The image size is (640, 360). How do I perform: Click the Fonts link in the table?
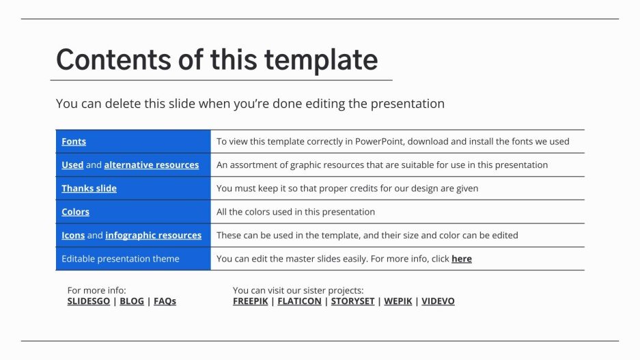pyautogui.click(x=74, y=141)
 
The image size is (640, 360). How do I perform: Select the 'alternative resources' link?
pyautogui.click(x=152, y=165)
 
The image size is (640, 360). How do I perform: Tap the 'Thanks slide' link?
pyautogui.click(x=89, y=188)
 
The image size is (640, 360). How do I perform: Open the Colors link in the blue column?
pyautogui.click(x=75, y=212)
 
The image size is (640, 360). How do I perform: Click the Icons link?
pyautogui.click(x=73, y=235)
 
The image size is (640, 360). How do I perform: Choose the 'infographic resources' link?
pyautogui.click(x=153, y=235)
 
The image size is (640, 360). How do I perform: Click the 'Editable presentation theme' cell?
pyautogui.click(x=120, y=258)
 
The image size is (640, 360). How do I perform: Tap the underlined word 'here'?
pyautogui.click(x=462, y=258)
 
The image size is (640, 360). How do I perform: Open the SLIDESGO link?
pyautogui.click(x=89, y=301)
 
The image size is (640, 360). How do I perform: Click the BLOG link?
pyautogui.click(x=132, y=301)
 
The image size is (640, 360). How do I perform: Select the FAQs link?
pyautogui.click(x=165, y=301)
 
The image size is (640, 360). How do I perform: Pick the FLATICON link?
pyautogui.click(x=299, y=301)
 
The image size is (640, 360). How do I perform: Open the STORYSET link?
pyautogui.click(x=352, y=301)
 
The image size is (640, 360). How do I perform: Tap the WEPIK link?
pyautogui.click(x=398, y=301)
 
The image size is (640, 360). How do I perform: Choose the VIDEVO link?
pyautogui.click(x=438, y=301)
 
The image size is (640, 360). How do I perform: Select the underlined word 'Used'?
pyautogui.click(x=72, y=165)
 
